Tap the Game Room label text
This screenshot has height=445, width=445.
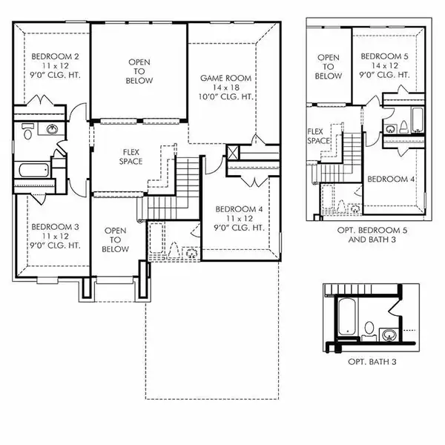[226, 78]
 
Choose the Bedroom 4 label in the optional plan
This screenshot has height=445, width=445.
[390, 179]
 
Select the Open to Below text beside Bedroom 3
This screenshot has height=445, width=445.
[116, 240]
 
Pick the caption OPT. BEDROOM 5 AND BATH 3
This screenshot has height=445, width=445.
[369, 237]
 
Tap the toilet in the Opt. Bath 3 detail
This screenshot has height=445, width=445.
[369, 326]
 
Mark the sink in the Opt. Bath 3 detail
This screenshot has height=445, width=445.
[389, 334]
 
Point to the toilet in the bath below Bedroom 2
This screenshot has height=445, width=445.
[27, 133]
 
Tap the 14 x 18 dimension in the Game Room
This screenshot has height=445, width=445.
[226, 88]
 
